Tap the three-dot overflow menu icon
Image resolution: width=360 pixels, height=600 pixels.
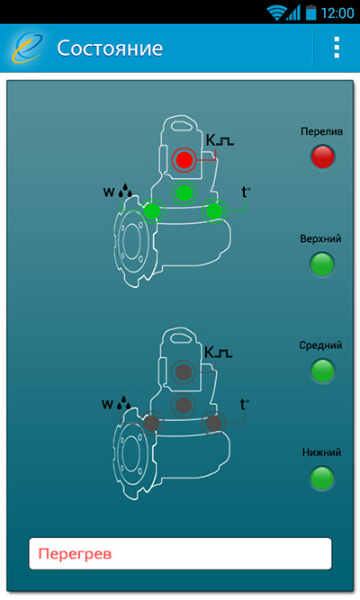pos(337,48)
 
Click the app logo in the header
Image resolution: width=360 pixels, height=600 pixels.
pos(27,48)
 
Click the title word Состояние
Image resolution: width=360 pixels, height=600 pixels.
pos(110,49)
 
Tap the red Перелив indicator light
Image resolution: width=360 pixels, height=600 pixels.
pos(322,157)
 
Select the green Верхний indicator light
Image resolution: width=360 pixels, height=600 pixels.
pos(322,264)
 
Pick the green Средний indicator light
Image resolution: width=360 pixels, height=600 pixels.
pos(322,371)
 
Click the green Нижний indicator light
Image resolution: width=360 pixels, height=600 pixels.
pos(322,478)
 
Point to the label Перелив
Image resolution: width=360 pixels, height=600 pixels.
pos(321,132)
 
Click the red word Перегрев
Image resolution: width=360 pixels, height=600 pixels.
pos(75,554)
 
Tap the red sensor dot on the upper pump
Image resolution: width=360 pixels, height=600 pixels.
pos(184,159)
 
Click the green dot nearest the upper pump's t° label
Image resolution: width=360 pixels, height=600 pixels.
pos(214,210)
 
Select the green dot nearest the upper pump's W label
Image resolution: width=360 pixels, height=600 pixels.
pos(152,210)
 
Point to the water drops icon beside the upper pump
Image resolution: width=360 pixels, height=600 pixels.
pos(125,191)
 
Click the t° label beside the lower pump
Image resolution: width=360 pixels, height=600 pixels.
pos(244,405)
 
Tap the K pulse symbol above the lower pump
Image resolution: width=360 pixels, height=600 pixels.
pos(219,352)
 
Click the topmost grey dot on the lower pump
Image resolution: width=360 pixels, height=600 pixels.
pos(184,372)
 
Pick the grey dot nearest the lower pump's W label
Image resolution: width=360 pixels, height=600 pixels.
pos(151,424)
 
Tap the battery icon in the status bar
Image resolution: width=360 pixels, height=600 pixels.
pos(311,13)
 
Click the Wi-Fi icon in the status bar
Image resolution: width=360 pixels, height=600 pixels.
pos(276,13)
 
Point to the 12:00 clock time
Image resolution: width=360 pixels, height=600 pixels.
pos(337,13)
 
